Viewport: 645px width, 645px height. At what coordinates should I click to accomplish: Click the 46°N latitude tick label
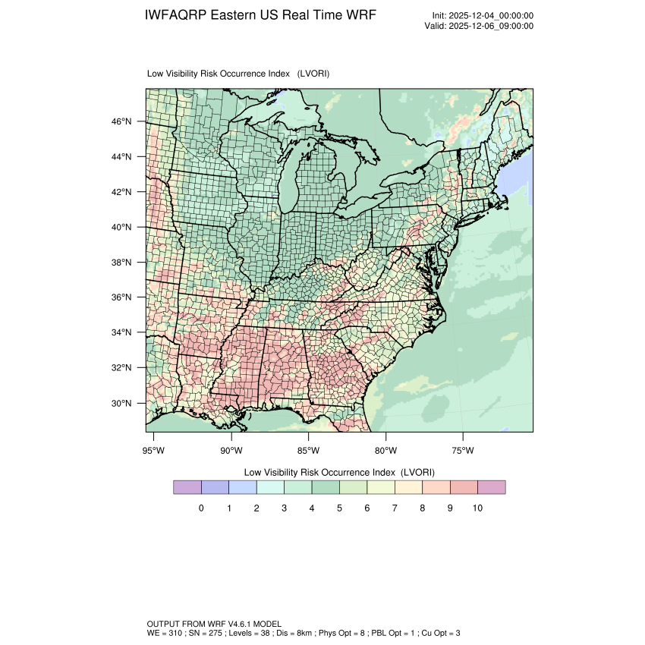[x=122, y=121]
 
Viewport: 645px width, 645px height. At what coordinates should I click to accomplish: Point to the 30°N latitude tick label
[x=122, y=403]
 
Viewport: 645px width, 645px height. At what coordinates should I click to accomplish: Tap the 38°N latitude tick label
[x=122, y=263]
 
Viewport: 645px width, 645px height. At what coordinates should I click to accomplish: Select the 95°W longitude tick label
[x=154, y=451]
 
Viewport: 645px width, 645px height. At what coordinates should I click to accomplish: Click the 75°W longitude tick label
[x=463, y=451]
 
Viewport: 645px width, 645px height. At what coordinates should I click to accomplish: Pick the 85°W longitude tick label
[x=309, y=451]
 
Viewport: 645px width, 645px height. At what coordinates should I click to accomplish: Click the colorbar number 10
[x=477, y=508]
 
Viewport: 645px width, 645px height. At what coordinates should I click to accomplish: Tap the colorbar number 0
[x=201, y=508]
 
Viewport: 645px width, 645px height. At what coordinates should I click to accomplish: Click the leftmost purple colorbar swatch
[x=187, y=487]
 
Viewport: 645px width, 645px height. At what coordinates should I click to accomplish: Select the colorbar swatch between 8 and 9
[x=436, y=487]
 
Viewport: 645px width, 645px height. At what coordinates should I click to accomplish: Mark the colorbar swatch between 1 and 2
[x=243, y=487]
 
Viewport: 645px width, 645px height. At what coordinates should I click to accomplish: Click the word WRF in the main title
[x=360, y=15]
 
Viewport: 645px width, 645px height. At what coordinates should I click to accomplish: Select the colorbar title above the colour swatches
[x=338, y=471]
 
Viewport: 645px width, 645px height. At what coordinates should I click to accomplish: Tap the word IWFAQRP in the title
[x=175, y=15]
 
